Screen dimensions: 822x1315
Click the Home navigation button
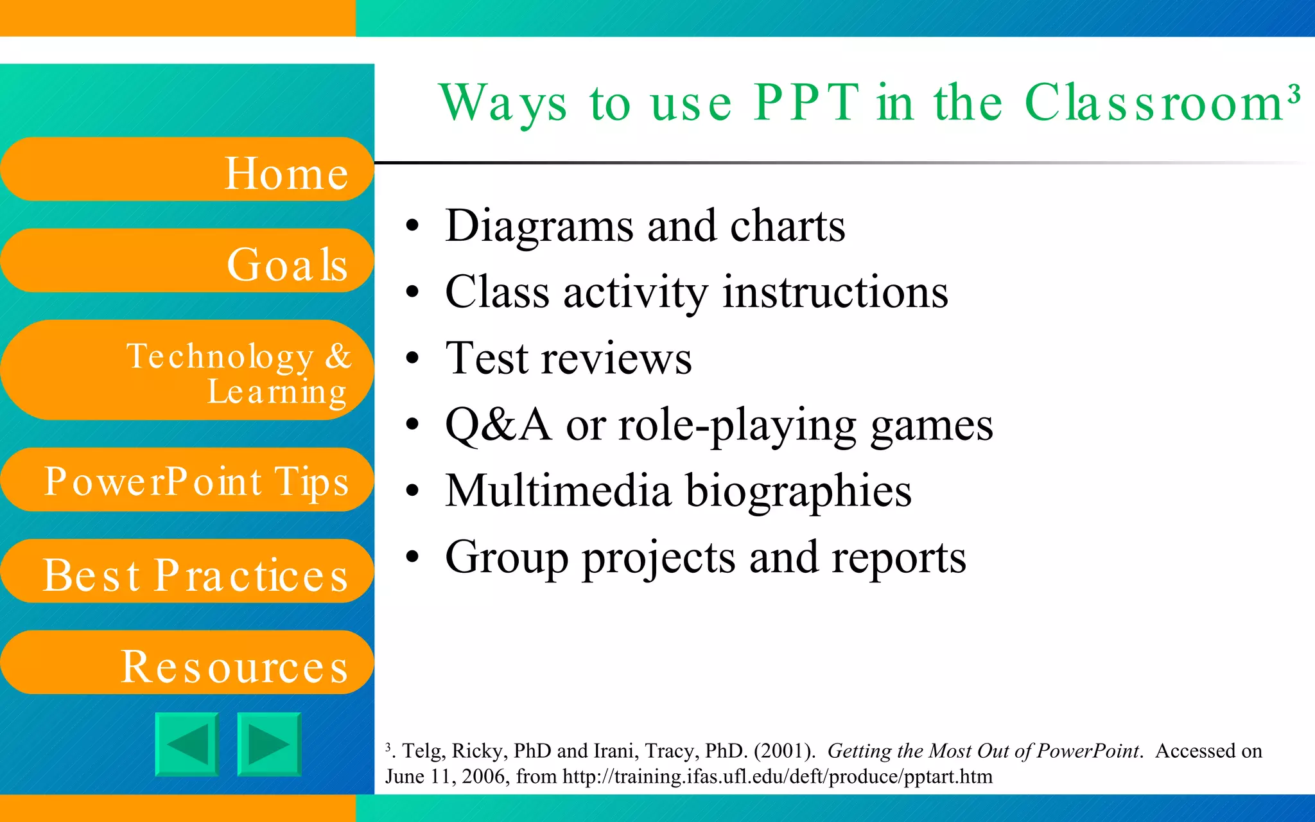pyautogui.click(x=186, y=170)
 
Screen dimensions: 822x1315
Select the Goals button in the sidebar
pyautogui.click(x=186, y=261)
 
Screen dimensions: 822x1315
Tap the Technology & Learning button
pyautogui.click(x=186, y=371)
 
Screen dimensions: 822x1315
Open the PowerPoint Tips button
pyautogui.click(x=186, y=480)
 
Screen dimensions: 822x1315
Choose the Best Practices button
pyautogui.click(x=186, y=572)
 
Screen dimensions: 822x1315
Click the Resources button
pyautogui.click(x=186, y=663)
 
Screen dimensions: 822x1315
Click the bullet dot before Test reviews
pyautogui.click(x=412, y=359)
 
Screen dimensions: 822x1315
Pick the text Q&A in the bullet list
pyautogui.click(x=498, y=424)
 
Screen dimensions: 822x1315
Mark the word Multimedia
pyautogui.click(x=558, y=491)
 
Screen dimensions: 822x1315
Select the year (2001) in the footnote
pyautogui.click(x=784, y=751)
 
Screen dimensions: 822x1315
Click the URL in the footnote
pyautogui.click(x=777, y=776)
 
